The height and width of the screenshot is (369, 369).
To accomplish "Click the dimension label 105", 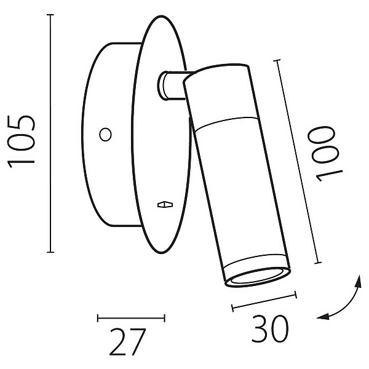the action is pos(22,141).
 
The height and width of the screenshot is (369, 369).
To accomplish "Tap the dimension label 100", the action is pos(325,154).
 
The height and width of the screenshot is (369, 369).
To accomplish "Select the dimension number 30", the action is pos(270,329).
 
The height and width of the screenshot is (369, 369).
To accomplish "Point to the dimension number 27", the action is pos(127,342).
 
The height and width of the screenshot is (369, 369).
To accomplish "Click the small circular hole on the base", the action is pos(105,135).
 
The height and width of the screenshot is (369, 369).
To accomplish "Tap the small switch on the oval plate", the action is pos(165,205).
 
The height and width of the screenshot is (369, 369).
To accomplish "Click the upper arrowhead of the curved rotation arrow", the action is pos(359,281).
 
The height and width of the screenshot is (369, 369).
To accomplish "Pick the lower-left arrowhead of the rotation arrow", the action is pos(323,317).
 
